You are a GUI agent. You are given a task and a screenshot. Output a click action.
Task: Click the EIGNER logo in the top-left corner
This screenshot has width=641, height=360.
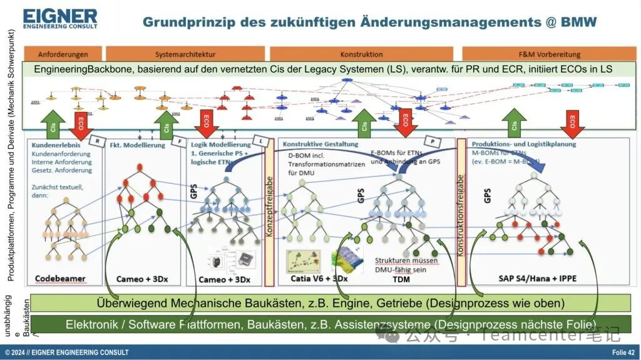(x=60, y=19)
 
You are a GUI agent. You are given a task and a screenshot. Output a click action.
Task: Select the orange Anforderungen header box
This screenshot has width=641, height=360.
(x=63, y=54)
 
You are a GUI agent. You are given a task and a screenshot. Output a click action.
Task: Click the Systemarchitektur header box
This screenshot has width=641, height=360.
(x=185, y=54)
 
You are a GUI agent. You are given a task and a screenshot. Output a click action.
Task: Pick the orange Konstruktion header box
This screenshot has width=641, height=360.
(x=361, y=54)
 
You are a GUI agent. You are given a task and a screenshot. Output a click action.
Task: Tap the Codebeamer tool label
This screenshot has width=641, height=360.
(x=60, y=279)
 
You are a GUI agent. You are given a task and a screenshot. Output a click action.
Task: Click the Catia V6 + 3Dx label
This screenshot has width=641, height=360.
(x=319, y=278)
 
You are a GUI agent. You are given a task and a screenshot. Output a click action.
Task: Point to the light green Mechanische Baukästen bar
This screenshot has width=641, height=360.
(x=331, y=303)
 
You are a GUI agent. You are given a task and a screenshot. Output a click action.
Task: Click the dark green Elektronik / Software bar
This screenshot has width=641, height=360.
(x=331, y=324)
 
